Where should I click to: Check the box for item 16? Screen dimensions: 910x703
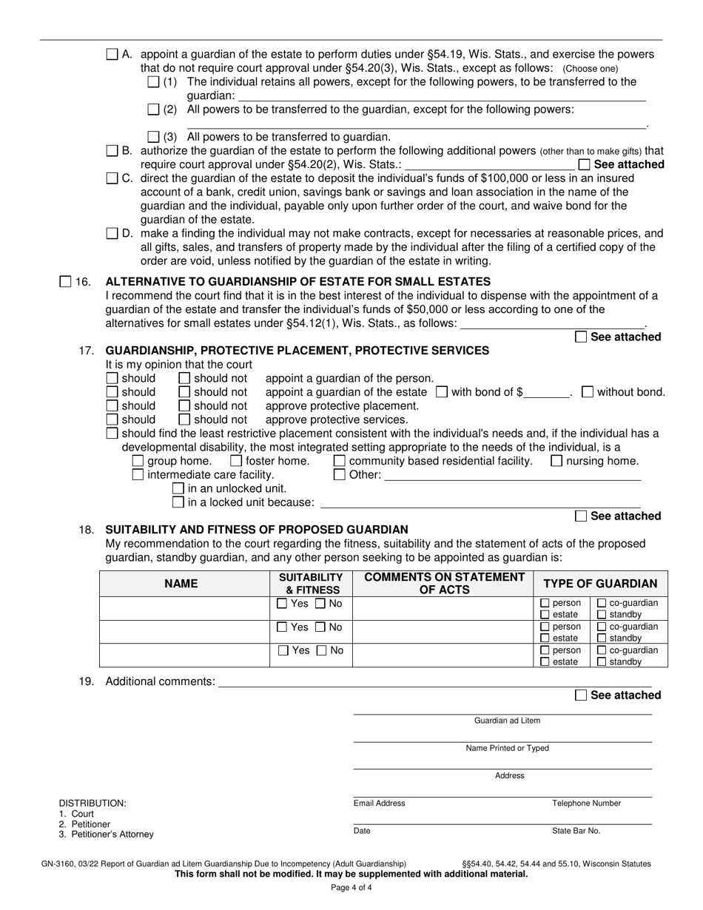(64, 281)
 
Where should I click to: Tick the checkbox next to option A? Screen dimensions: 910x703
(112, 54)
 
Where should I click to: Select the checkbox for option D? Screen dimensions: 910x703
(112, 234)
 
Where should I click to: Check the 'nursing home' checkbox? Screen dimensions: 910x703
(556, 461)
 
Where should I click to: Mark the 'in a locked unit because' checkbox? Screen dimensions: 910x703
(178, 502)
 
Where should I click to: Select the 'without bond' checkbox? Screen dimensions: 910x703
(588, 392)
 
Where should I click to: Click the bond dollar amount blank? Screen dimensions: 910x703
(546, 392)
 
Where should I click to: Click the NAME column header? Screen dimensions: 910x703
(181, 584)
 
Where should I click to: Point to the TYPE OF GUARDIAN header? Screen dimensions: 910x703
(600, 584)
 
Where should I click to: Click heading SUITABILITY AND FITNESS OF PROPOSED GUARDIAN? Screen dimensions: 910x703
(257, 530)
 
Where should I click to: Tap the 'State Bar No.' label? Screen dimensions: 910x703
(576, 831)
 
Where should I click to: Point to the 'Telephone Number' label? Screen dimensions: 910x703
(586, 803)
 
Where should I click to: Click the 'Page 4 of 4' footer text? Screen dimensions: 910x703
(351, 888)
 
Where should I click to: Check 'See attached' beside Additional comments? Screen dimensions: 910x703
(581, 695)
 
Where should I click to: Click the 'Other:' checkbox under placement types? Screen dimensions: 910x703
(339, 475)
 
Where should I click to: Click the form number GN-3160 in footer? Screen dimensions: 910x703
(60, 863)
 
